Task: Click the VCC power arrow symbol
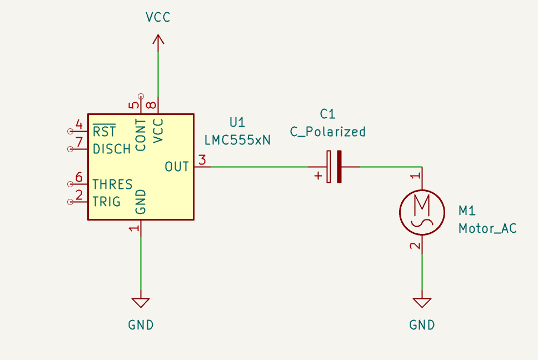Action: [158, 40]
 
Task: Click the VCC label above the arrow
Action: [158, 17]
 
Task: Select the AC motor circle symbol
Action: [422, 213]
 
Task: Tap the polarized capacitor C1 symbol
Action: [334, 167]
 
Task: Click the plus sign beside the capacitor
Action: [318, 176]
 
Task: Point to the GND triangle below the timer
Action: [141, 302]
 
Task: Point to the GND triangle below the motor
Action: [422, 302]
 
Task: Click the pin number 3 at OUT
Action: [202, 160]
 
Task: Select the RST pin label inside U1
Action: [104, 131]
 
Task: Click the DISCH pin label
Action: [112, 149]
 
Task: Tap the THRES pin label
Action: [112, 184]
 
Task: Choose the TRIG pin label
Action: [107, 202]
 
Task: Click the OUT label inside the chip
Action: [177, 167]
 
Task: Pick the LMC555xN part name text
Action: [237, 140]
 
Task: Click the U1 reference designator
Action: [237, 122]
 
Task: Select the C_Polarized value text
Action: [328, 132]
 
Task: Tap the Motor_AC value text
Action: [487, 228]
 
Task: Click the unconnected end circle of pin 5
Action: [141, 97]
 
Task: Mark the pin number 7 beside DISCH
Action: [79, 142]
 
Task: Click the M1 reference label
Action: [467, 211]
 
